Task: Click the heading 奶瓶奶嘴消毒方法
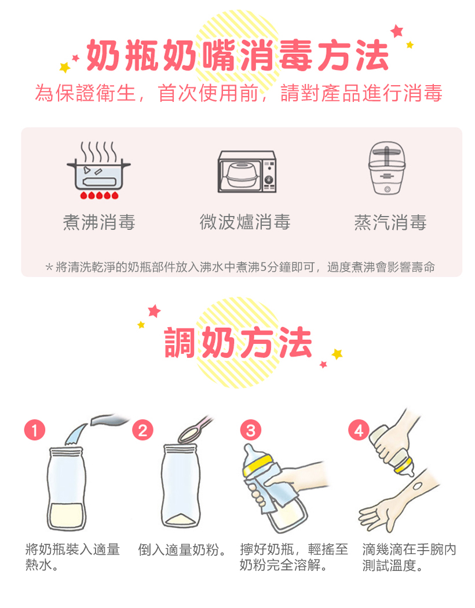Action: tap(237, 56)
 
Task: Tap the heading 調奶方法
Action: tap(238, 342)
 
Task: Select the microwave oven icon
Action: tap(246, 172)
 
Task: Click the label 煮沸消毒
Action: tap(99, 222)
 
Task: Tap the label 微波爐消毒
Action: tap(245, 222)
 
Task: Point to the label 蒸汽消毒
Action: tap(390, 222)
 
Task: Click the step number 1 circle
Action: tap(35, 430)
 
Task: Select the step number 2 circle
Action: tap(143, 430)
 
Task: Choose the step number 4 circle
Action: tap(359, 430)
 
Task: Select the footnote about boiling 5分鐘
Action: tap(240, 267)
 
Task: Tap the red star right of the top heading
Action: tap(397, 31)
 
